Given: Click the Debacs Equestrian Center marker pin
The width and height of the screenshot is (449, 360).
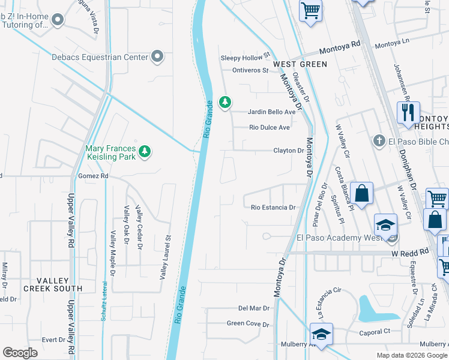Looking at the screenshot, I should [157, 56].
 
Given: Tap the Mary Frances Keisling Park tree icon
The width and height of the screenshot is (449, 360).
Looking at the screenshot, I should [144, 152].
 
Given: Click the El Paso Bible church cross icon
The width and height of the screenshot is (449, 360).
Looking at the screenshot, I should [378, 141].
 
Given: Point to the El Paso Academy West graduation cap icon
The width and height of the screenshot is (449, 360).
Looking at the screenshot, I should [385, 225].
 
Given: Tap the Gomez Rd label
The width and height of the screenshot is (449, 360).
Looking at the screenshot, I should [93, 176].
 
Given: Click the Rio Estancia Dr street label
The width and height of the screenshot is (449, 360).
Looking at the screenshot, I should [273, 208].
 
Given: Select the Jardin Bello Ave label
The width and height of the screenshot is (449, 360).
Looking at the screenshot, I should [273, 112].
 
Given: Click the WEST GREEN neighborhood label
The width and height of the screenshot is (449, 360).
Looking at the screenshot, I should [300, 64].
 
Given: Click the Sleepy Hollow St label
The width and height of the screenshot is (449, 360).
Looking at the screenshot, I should [246, 58].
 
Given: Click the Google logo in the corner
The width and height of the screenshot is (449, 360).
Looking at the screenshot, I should [20, 353].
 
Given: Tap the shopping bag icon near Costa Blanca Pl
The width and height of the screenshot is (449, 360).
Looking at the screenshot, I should [361, 194].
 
